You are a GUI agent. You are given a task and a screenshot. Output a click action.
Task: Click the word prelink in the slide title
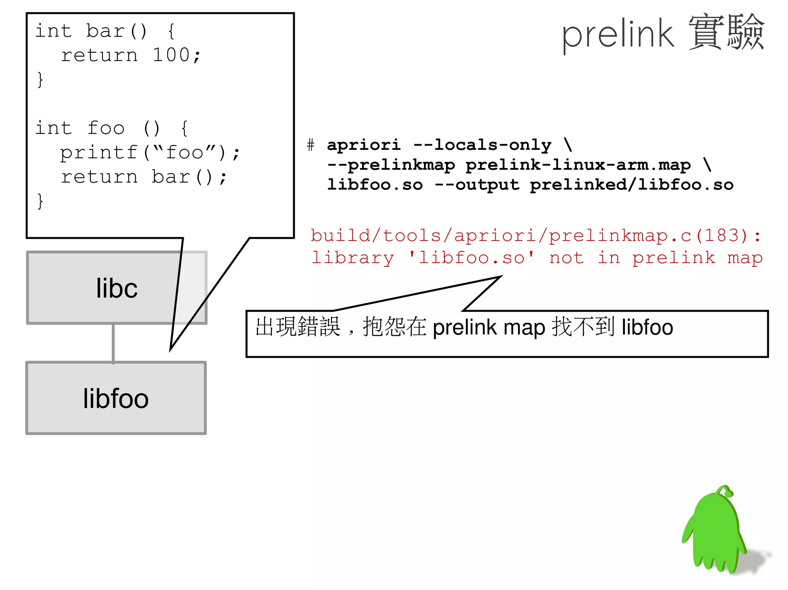pos(617,35)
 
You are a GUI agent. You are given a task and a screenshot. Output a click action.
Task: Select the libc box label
pos(117,288)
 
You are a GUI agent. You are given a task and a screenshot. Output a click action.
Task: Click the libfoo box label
pos(115,398)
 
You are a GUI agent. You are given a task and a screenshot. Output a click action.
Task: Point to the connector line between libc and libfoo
pos(113,343)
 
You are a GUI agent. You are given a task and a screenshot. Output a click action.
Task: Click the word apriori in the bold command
pos(364,145)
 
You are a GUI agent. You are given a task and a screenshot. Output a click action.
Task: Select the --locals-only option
pos(482,145)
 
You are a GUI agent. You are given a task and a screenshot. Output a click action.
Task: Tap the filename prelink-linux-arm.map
pos(578,165)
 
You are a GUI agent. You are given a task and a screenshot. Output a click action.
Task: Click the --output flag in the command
pos(477,185)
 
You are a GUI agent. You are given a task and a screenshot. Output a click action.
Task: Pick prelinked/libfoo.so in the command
pos(631,185)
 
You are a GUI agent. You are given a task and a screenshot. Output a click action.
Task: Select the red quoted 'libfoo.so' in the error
pos(472,258)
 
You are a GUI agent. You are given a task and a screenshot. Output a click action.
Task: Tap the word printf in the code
pos(99,153)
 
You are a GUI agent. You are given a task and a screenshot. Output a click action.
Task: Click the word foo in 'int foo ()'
pos(106,128)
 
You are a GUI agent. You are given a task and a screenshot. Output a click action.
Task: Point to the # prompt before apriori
pos(311,145)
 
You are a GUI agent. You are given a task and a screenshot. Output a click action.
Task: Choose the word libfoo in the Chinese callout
pos(647,327)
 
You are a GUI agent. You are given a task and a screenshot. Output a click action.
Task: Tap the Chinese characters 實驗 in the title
pos(726,33)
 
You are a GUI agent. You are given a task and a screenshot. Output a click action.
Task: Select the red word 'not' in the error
pos(566,258)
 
